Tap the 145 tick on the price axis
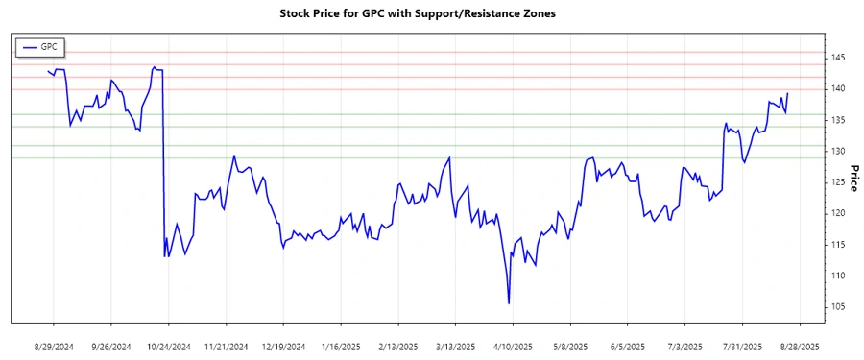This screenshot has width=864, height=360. (838, 58)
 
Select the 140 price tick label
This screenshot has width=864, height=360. (838, 88)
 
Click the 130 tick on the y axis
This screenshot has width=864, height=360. (838, 151)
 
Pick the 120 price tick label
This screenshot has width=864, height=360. (838, 213)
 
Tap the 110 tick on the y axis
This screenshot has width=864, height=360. (838, 276)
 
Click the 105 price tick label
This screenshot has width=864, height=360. (838, 306)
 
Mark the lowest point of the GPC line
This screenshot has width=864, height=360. (508, 303)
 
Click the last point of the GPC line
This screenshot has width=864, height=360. (787, 93)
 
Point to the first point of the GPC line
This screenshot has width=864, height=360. (48, 71)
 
